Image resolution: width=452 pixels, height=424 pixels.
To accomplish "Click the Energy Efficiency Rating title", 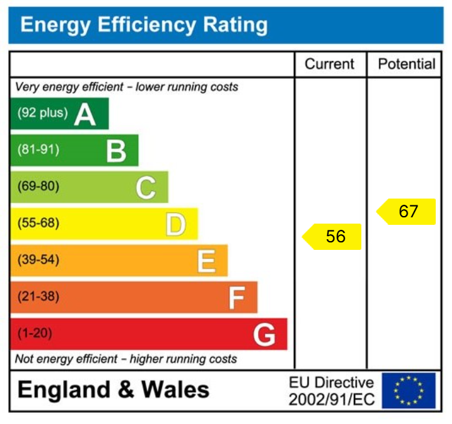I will click(144, 25).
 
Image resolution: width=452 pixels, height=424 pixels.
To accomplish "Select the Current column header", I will click(329, 64).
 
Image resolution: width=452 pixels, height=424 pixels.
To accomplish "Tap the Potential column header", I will click(407, 64).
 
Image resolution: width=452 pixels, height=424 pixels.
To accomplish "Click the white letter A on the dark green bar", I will click(85, 115).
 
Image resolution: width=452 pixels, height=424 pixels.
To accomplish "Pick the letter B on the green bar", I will click(116, 151).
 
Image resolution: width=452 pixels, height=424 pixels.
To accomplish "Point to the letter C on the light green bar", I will click(146, 187).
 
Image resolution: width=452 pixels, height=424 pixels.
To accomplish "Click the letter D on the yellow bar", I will click(176, 224).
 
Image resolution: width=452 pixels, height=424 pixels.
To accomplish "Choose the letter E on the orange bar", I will click(206, 261).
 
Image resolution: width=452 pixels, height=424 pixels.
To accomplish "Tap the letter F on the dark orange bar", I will click(236, 298).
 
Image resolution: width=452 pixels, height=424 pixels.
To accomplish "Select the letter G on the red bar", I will click(264, 335).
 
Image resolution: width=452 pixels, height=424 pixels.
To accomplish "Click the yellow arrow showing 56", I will click(333, 237).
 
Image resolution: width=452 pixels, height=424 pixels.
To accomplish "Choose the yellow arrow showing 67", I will click(406, 212).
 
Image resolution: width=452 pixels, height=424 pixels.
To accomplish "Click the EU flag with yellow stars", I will click(408, 391).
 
